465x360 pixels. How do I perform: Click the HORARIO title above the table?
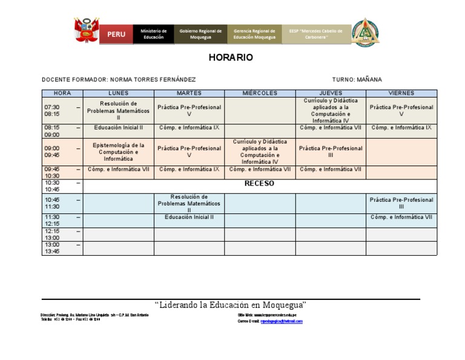(x=231, y=58)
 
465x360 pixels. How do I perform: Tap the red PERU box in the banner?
(x=116, y=34)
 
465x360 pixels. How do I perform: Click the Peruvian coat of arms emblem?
(x=86, y=32)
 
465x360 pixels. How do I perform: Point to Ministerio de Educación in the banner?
(x=153, y=34)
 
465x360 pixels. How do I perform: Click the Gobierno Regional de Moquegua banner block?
(x=200, y=34)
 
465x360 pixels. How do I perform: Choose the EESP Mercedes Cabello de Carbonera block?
(x=315, y=34)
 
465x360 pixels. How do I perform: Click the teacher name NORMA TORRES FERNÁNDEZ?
(x=152, y=80)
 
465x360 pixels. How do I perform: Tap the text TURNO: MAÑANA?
(x=357, y=80)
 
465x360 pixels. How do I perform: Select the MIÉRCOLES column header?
(x=260, y=93)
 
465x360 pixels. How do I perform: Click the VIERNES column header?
(x=401, y=93)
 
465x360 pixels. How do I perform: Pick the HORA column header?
(x=62, y=93)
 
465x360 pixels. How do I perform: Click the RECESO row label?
(x=259, y=184)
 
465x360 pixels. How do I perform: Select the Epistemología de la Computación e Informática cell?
(x=118, y=152)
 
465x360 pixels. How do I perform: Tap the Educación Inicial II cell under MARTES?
(x=189, y=217)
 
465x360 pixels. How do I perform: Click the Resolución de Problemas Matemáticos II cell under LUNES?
(x=118, y=110)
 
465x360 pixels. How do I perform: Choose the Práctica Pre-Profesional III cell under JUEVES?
(x=331, y=152)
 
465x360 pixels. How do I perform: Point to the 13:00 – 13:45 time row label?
(x=62, y=248)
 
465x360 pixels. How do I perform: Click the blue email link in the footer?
(x=282, y=321)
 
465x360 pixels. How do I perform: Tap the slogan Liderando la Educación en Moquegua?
(x=231, y=304)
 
